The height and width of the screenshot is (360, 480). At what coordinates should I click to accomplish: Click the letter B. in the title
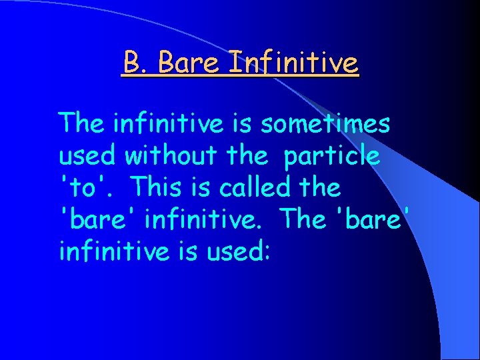coord(136,63)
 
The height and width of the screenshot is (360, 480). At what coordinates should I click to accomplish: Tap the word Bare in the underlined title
coord(191,63)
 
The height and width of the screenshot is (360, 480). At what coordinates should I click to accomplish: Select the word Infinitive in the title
coord(293,63)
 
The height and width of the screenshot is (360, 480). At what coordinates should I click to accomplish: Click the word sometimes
coord(325,123)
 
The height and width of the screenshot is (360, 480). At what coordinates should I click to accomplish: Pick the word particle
coord(333,156)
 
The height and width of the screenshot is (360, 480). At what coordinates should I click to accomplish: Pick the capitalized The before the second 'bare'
coord(304,219)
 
